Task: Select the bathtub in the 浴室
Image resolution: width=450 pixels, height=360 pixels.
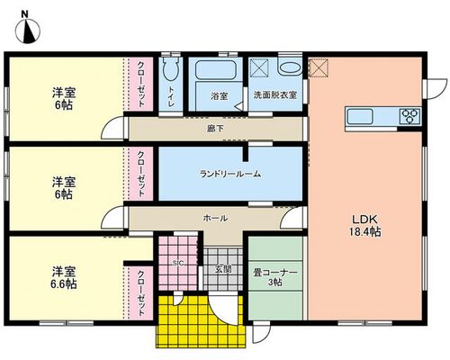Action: [215, 70]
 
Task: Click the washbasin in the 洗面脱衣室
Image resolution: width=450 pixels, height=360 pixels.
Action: [290, 67]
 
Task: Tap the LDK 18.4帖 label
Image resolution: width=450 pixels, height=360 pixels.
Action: [364, 226]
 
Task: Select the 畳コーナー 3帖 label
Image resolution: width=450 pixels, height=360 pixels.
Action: [275, 277]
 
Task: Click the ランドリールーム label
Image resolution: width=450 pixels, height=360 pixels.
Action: [230, 174]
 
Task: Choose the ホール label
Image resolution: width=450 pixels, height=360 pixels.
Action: [215, 218]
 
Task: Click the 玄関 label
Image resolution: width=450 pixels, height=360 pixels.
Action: [223, 269]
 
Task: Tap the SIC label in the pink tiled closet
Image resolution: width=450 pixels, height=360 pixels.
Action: [178, 263]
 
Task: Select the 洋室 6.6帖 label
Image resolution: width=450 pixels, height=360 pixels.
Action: [64, 277]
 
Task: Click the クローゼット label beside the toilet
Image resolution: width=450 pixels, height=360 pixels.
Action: [141, 84]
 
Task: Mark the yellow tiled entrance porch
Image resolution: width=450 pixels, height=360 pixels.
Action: [201, 321]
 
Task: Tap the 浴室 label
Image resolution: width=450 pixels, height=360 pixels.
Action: [219, 96]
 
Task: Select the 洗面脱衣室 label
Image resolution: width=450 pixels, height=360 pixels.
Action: [275, 95]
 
